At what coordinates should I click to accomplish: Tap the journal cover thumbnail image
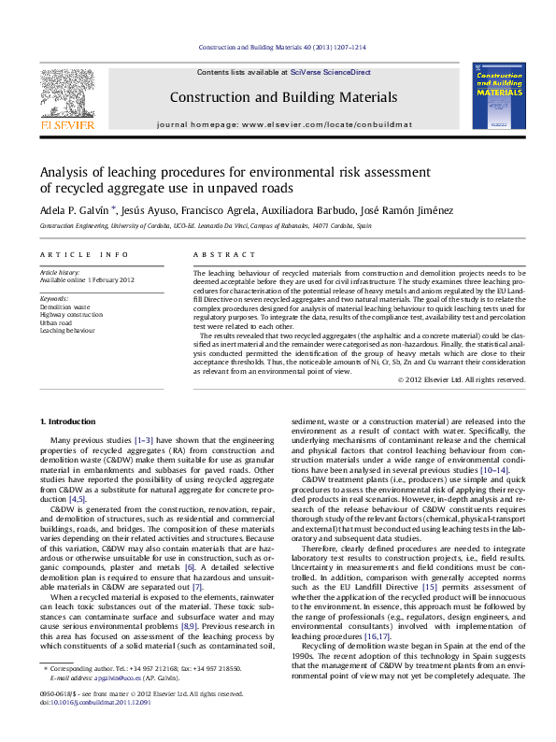(501, 96)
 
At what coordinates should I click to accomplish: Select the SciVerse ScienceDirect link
(330, 72)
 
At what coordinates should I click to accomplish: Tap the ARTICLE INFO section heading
(72, 254)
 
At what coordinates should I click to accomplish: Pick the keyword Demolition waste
(64, 307)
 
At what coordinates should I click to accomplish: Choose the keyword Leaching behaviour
(67, 330)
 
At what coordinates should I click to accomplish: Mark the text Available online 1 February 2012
(87, 279)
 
